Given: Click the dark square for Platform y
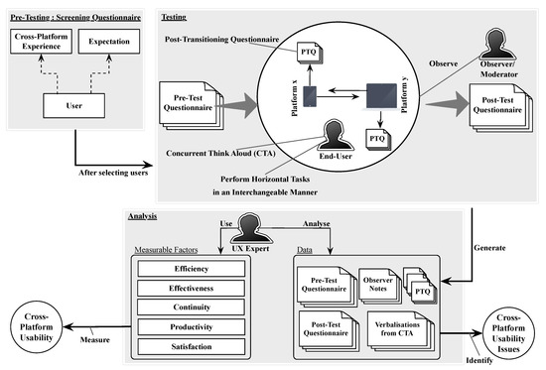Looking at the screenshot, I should coord(381,95).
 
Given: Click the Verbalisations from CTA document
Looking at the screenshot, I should coord(402,329).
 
